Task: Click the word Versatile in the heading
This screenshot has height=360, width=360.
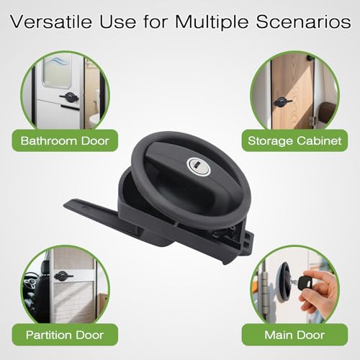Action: pos(51,22)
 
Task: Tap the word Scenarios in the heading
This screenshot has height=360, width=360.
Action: pos(303,22)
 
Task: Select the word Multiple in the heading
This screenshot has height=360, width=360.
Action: pos(212,23)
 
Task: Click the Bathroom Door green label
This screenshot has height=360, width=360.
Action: pos(65,140)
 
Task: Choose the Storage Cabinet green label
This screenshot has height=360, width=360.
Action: pos(294,140)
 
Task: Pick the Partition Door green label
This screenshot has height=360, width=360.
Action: pos(65,335)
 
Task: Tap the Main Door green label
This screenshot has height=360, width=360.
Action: pos(294,335)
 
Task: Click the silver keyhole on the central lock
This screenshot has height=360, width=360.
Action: pos(198,166)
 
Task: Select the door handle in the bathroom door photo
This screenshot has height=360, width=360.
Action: pos(69,97)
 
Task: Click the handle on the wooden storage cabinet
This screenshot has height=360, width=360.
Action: pos(282,102)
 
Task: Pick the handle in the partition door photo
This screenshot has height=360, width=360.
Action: pos(63,276)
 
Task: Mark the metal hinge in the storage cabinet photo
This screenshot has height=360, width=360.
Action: pos(312,121)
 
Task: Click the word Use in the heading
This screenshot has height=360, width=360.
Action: pos(118,22)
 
